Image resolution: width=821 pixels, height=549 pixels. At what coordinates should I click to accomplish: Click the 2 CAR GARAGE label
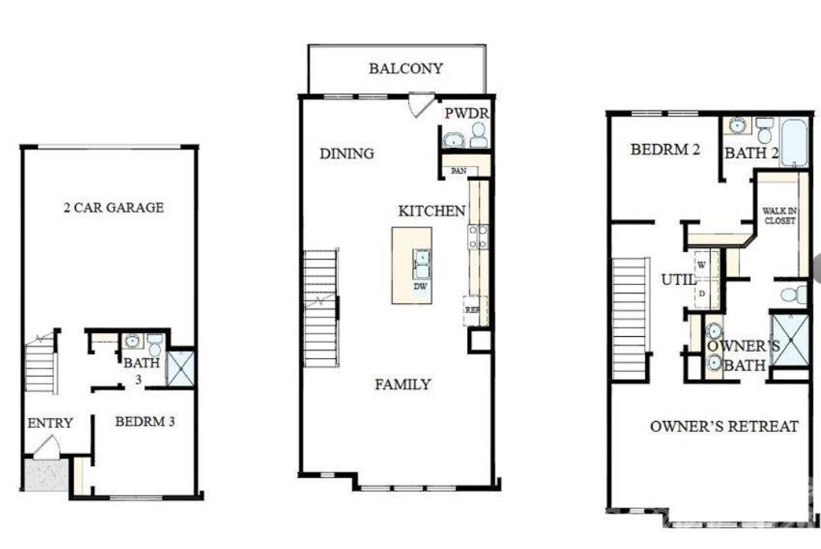(113, 208)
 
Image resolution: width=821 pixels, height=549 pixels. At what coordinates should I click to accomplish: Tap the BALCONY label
(405, 69)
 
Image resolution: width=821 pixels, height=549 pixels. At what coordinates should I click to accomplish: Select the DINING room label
(346, 154)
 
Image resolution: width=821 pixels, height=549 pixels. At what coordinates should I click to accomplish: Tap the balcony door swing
(420, 105)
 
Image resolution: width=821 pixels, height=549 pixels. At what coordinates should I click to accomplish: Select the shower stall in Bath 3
(182, 368)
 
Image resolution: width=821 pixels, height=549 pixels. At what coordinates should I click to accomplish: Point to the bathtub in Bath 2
(794, 142)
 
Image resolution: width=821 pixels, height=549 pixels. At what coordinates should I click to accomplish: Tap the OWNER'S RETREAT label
(724, 426)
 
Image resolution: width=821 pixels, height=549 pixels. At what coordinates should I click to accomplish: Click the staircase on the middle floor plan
(321, 308)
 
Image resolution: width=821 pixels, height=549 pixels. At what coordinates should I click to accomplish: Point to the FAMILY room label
(402, 384)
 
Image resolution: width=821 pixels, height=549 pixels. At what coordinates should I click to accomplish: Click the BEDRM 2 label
(665, 150)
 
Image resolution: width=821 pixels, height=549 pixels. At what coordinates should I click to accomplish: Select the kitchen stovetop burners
(478, 236)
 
